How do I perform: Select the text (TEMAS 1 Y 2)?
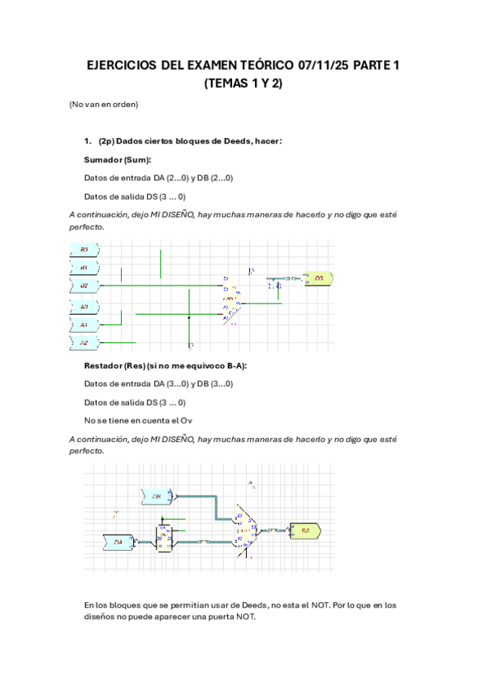pos(243,84)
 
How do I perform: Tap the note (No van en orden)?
pos(104,105)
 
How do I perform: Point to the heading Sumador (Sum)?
pos(118,160)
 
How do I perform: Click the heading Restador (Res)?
pos(110,366)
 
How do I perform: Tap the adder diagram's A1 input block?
pos(84,325)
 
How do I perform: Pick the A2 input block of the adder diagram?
pos(84,342)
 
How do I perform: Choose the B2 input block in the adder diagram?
pos(84,286)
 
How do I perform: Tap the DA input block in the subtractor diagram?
pos(119,542)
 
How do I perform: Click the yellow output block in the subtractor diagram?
pos(305,531)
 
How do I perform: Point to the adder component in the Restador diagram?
pos(246,529)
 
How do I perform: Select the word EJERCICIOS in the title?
pos(123,67)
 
